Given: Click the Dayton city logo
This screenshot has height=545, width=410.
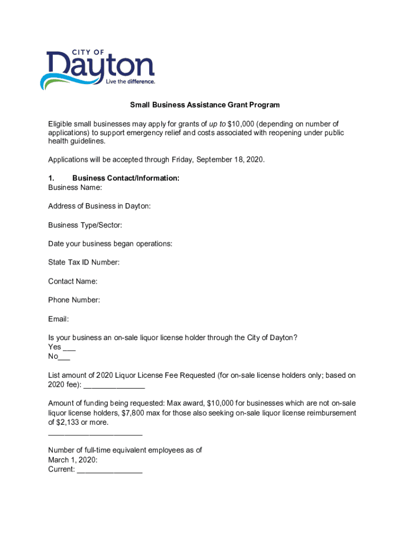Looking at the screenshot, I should (97, 69).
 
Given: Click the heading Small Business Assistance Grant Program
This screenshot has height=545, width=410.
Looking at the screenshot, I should (205, 105).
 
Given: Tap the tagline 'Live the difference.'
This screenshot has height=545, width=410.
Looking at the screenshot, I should (130, 82).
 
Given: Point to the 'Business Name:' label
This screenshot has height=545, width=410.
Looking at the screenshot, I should (75, 187).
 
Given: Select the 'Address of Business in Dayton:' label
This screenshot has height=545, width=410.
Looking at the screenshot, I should (99, 206).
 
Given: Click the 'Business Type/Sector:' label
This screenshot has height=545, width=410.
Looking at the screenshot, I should (85, 225).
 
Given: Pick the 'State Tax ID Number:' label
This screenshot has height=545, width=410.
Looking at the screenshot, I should (84, 262).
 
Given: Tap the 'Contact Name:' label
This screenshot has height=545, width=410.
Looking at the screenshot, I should (72, 281).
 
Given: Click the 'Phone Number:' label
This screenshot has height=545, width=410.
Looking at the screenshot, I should (74, 300).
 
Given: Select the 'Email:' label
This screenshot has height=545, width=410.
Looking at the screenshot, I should (59, 319).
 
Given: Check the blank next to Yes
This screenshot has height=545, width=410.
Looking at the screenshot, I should (69, 348).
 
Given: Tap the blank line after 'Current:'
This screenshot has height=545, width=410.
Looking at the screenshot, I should (110, 470).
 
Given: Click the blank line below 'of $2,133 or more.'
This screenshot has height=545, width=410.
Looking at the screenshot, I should (95, 432).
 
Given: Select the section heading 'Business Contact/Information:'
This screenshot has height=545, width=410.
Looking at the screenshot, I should (126, 178).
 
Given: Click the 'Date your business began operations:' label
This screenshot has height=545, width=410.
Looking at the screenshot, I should (110, 244).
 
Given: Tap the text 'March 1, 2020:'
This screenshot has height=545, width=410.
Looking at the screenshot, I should (72, 460).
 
